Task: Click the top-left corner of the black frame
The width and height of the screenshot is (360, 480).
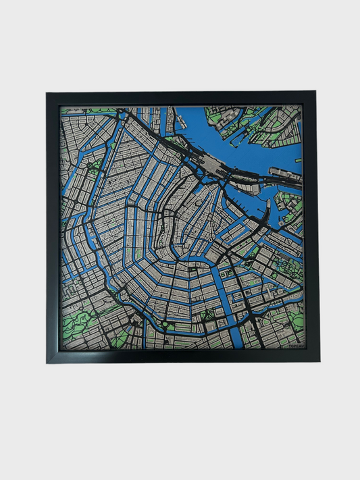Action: tap(47, 92)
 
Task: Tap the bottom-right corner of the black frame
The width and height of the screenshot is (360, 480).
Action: tap(318, 361)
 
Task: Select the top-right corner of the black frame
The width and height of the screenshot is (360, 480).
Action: tap(317, 92)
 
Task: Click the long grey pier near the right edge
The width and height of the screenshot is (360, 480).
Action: tap(284, 171)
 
